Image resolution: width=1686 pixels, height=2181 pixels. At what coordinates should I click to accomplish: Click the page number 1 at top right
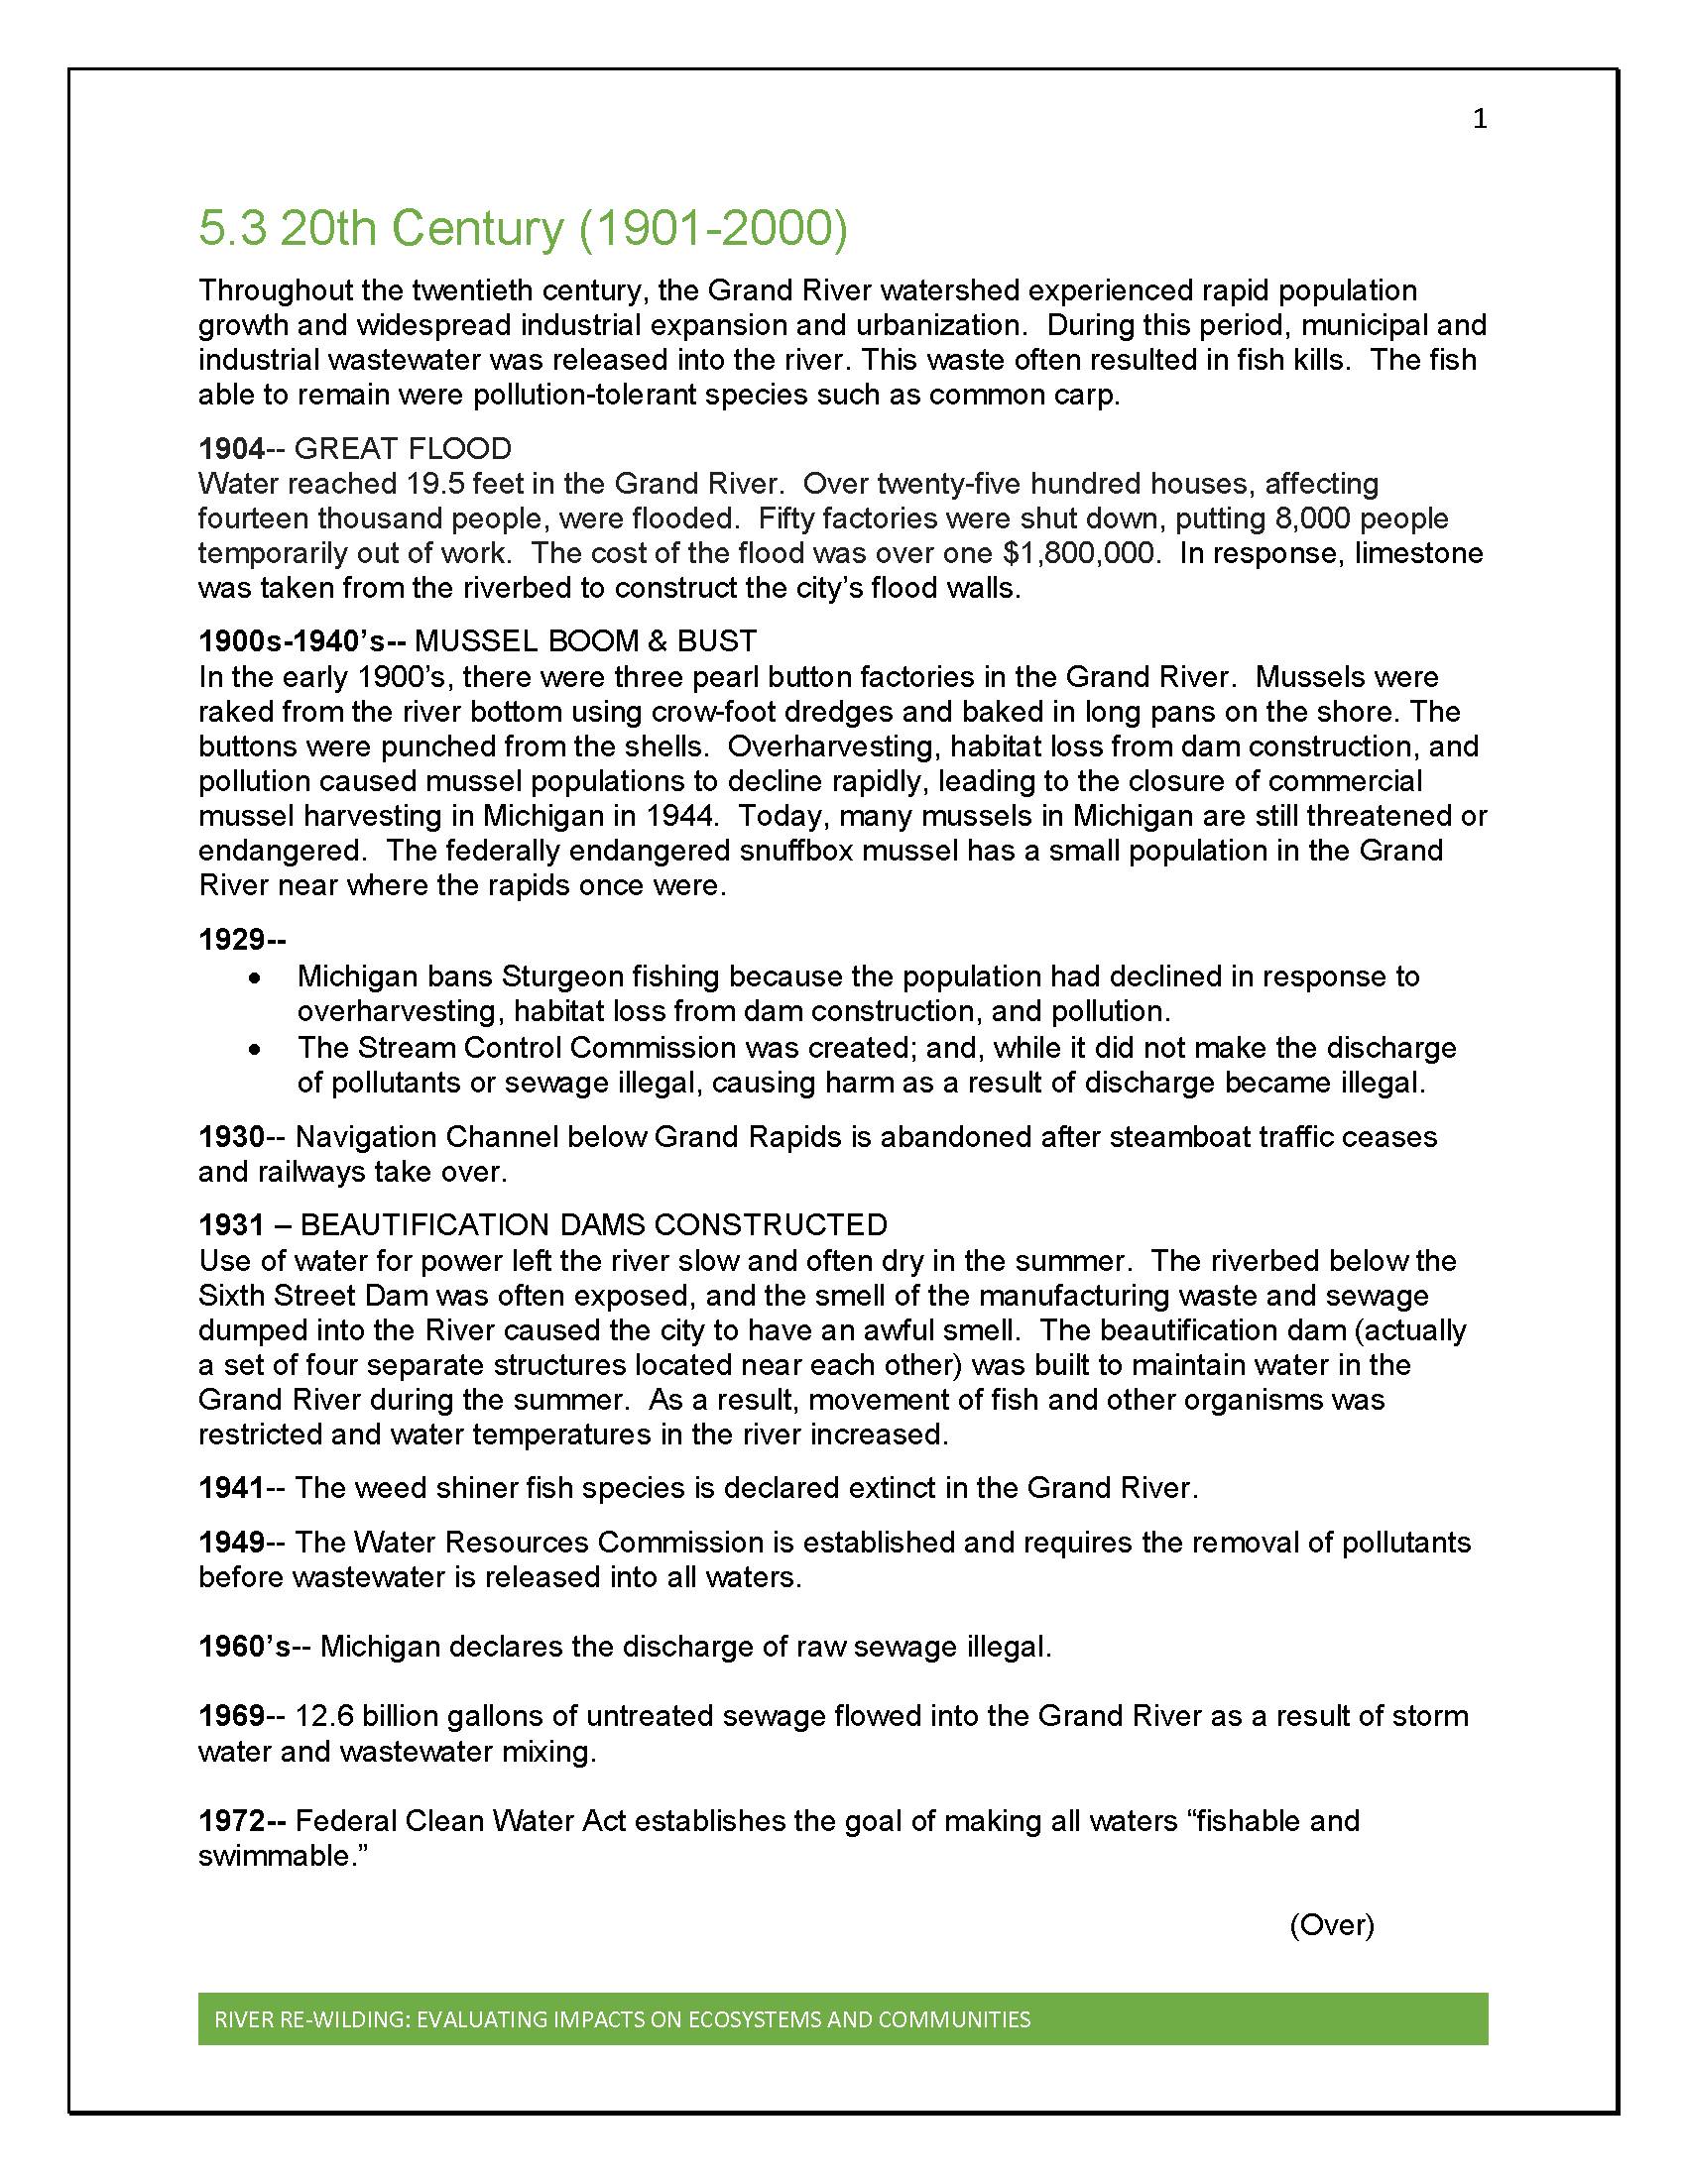click(1480, 120)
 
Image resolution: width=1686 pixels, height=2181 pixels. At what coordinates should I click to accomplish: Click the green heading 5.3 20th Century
click(523, 229)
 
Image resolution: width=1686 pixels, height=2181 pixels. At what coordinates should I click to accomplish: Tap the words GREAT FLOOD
click(403, 448)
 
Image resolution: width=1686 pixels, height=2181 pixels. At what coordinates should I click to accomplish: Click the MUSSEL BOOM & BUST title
click(585, 641)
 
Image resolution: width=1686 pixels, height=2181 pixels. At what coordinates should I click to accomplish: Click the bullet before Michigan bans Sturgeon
click(257, 977)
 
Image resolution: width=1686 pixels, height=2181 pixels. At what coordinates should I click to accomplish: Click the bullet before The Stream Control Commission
click(257, 1050)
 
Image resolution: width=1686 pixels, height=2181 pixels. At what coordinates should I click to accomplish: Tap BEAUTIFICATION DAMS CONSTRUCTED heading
click(593, 1224)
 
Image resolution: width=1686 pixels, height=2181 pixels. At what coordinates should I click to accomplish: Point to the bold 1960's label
click(245, 1647)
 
